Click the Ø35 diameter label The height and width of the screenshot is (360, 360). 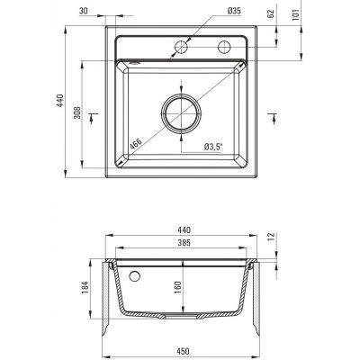click(234, 11)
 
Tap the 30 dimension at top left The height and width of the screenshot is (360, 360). click(84, 11)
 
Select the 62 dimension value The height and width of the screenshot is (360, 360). click(271, 14)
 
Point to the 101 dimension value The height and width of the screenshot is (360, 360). click(296, 15)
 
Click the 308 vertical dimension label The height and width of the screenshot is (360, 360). click(77, 112)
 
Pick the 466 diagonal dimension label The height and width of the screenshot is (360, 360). click(136, 144)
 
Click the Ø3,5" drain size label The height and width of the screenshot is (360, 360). click(213, 147)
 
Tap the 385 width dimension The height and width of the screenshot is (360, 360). click(184, 242)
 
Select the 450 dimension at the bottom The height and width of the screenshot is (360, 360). click(183, 351)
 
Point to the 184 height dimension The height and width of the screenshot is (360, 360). click(85, 287)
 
